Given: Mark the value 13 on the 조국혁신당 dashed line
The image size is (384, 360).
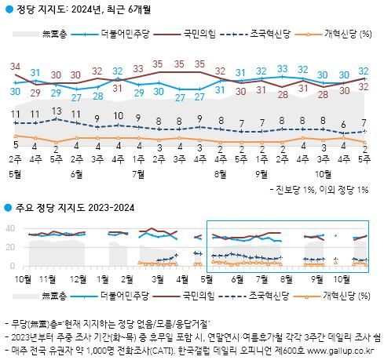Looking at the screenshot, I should pos(56,111).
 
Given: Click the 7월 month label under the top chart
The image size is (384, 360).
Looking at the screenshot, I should pos(137,173).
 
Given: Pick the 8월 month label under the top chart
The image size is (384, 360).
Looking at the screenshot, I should pos(219,173).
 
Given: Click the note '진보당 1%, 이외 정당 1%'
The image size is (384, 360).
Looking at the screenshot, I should pos(321,190).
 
